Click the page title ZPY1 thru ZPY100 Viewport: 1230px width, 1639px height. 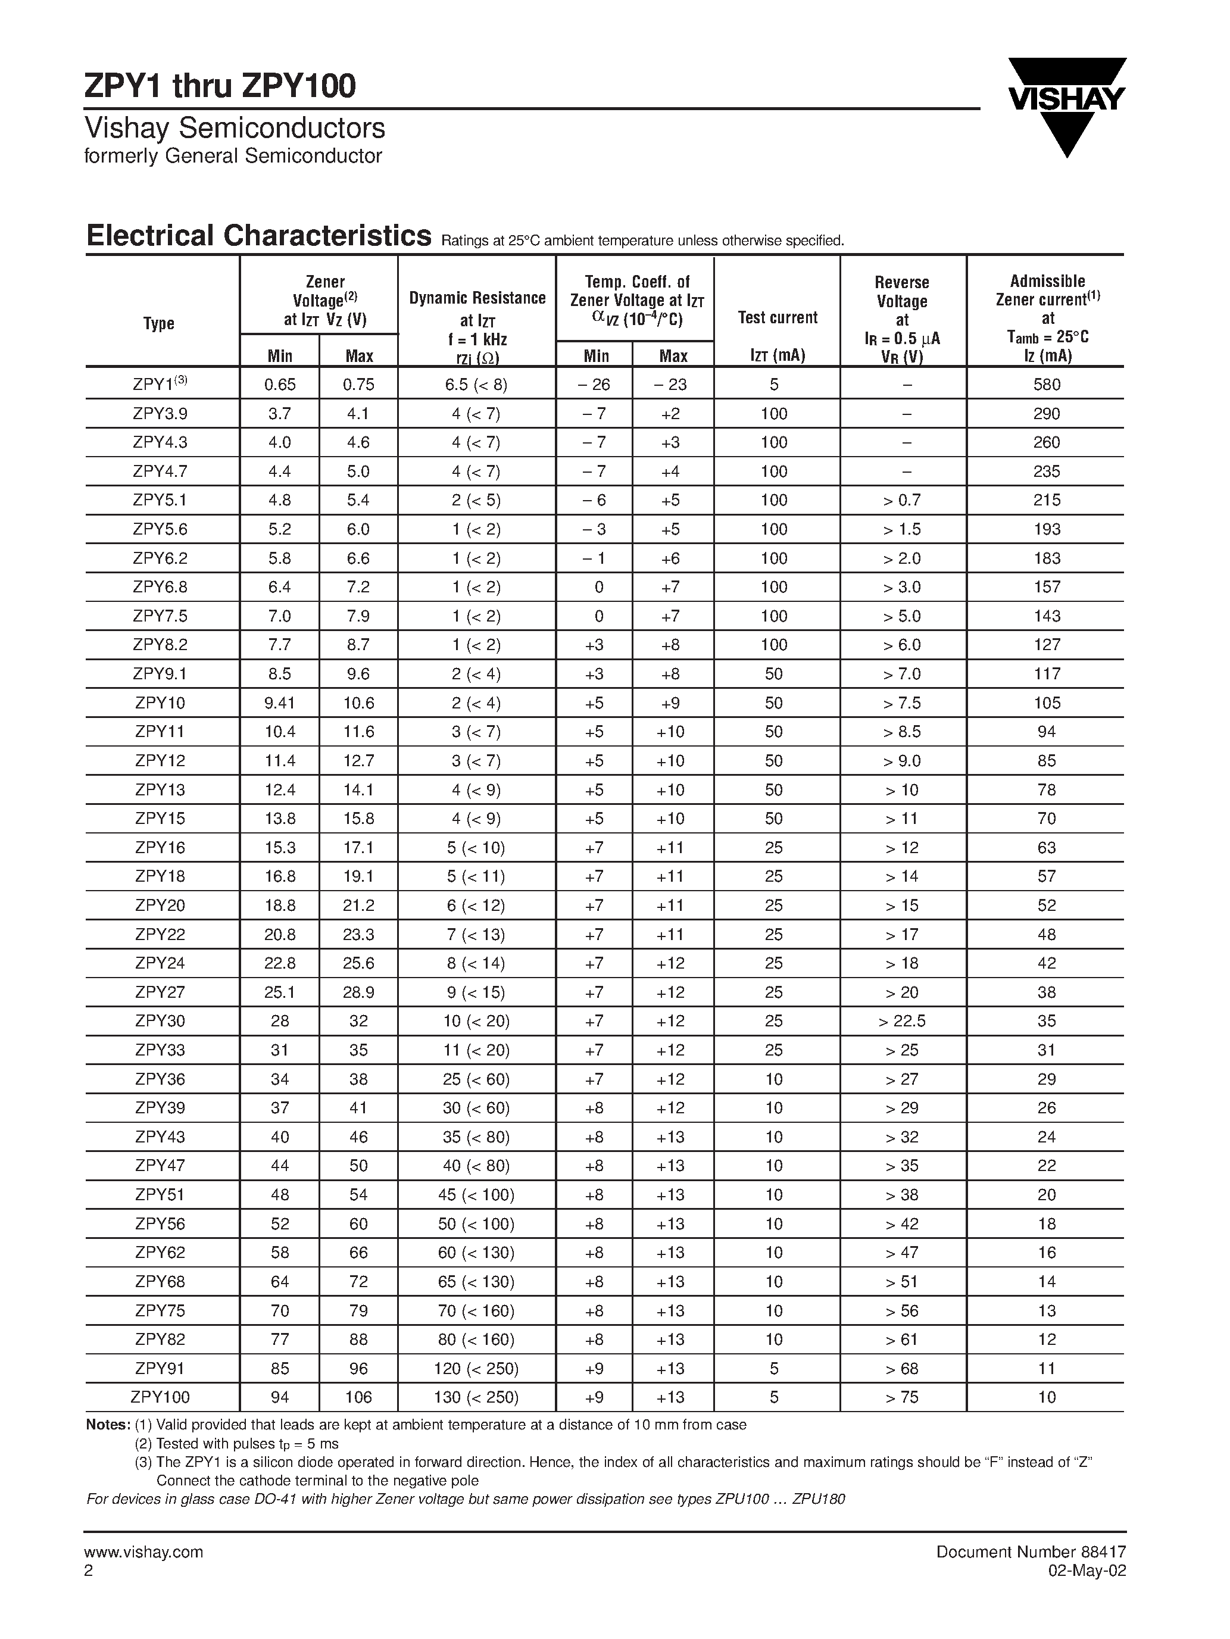pyautogui.click(x=220, y=87)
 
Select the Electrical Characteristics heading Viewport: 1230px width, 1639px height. pyautogui.click(x=258, y=236)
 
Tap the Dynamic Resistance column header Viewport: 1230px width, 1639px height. pyautogui.click(x=477, y=298)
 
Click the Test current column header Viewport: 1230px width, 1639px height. pyautogui.click(x=778, y=317)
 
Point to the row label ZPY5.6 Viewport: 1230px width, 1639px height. pyautogui.click(x=160, y=529)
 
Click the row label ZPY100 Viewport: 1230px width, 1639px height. pyautogui.click(x=160, y=1397)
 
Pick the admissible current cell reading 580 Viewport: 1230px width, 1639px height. pyautogui.click(x=1046, y=385)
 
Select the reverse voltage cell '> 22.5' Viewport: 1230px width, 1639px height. pyautogui.click(x=902, y=1021)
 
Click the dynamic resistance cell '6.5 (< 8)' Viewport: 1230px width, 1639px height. pyautogui.click(x=476, y=385)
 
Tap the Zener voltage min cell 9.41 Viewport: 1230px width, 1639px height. pyautogui.click(x=279, y=703)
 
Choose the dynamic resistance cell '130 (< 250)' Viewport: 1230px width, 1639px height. pyautogui.click(x=476, y=1397)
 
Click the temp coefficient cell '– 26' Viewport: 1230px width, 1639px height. pyautogui.click(x=595, y=385)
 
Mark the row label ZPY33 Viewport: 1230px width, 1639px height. pyautogui.click(x=160, y=1050)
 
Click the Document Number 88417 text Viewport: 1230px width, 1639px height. pyautogui.click(x=1031, y=1551)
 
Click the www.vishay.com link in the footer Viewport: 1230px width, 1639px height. pyautogui.click(x=143, y=1551)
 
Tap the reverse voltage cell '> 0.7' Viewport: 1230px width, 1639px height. pyautogui.click(x=902, y=500)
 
